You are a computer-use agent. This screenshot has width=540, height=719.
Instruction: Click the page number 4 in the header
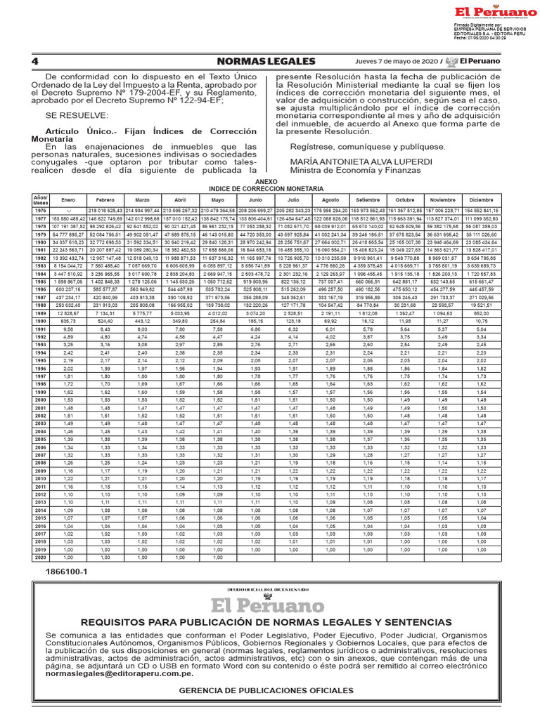point(34,61)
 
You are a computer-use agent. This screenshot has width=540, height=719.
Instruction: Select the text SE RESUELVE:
point(71,114)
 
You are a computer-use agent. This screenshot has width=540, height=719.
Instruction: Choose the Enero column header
point(68,199)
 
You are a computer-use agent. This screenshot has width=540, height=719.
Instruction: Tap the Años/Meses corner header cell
point(39,199)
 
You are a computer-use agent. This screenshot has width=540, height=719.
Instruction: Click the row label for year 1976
point(39,210)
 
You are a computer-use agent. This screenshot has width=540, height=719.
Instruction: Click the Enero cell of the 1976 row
point(68,210)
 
